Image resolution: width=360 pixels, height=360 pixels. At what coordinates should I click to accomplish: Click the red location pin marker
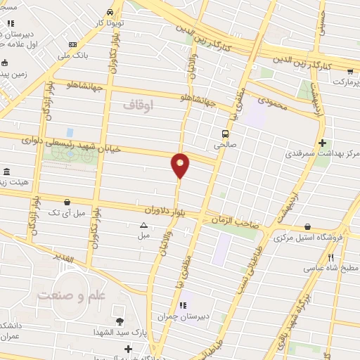(181, 166)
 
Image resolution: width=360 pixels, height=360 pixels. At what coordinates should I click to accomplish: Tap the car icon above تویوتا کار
(110, 12)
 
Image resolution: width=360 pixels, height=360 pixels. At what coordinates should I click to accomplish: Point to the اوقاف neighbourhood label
(138, 105)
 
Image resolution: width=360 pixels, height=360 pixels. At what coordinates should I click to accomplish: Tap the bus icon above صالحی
(225, 134)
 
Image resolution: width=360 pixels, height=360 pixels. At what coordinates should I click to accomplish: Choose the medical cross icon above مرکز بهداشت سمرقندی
(321, 143)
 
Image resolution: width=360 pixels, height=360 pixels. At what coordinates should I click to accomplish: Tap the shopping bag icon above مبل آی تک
(66, 201)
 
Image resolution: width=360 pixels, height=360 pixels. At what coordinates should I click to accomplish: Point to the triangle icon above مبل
(143, 226)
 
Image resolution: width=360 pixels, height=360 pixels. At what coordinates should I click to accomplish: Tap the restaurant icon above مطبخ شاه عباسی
(330, 258)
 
